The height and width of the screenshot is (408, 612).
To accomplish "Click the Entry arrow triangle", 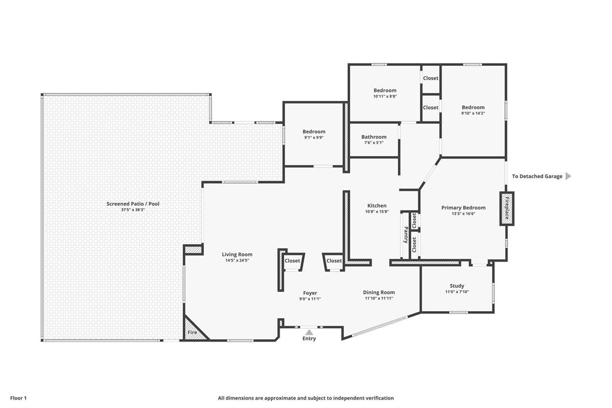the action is (309, 332).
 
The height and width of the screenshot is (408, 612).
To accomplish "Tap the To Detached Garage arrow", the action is (568, 176).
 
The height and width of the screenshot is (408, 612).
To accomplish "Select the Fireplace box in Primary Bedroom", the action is (507, 209).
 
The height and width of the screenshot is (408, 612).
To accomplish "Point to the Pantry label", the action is (406, 235).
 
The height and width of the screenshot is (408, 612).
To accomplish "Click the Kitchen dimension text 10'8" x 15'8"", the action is (377, 212).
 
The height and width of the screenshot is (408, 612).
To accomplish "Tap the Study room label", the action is (457, 286).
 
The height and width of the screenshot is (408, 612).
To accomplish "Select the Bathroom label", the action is (374, 137).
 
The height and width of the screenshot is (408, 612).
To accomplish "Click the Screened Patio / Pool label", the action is (133, 203).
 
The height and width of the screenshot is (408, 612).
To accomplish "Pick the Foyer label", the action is (310, 293).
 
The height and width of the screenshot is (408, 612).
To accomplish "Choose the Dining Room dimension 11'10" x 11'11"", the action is (379, 298).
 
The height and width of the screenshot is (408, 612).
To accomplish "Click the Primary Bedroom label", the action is (463, 208).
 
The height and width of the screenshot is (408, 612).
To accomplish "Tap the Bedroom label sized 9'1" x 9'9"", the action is (314, 132).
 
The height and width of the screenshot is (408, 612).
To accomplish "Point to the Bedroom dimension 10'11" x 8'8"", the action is (385, 96).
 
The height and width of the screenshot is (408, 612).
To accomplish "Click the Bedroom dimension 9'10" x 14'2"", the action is (473, 113).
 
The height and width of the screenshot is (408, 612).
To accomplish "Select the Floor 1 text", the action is (19, 398).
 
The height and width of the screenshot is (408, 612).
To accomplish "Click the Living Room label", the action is (237, 254).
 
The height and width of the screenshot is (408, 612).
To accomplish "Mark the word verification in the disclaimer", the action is (378, 398).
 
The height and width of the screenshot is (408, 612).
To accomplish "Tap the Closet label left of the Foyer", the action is (292, 261).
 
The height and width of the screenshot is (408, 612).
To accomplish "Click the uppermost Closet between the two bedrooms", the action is (430, 78).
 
